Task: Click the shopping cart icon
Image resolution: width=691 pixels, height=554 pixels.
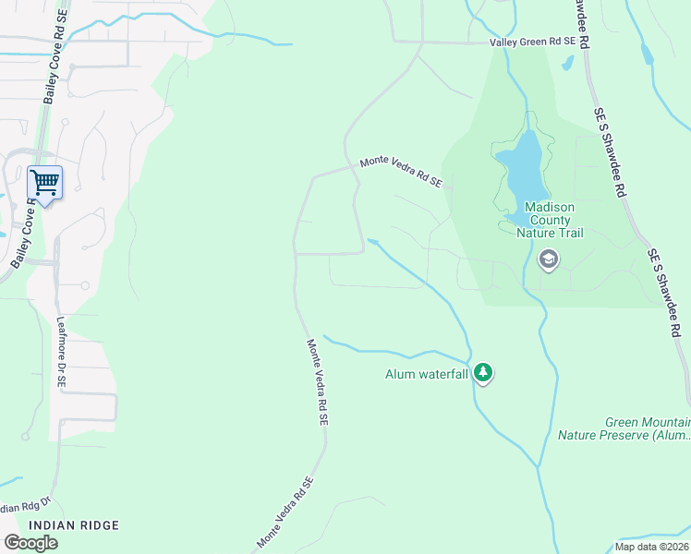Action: (44, 183)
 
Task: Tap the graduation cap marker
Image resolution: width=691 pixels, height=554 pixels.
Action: (548, 259)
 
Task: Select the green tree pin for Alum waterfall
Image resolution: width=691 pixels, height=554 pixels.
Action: (482, 373)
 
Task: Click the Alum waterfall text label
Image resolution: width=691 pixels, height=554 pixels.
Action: (427, 374)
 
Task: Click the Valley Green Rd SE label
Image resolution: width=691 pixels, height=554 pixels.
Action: (532, 42)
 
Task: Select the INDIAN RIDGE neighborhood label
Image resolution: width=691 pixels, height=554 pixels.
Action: (74, 525)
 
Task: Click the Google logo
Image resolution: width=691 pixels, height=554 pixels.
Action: (30, 543)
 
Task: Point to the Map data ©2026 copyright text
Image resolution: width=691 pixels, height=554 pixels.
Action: (651, 547)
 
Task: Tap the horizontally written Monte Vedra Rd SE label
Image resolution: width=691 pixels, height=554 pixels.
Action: (400, 172)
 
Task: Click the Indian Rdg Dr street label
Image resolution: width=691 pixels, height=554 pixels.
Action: (21, 508)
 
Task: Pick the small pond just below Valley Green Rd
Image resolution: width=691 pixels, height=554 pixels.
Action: (567, 64)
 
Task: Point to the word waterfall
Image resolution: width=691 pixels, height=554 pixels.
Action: (444, 374)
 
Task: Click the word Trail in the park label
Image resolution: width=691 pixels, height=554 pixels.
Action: (568, 233)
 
